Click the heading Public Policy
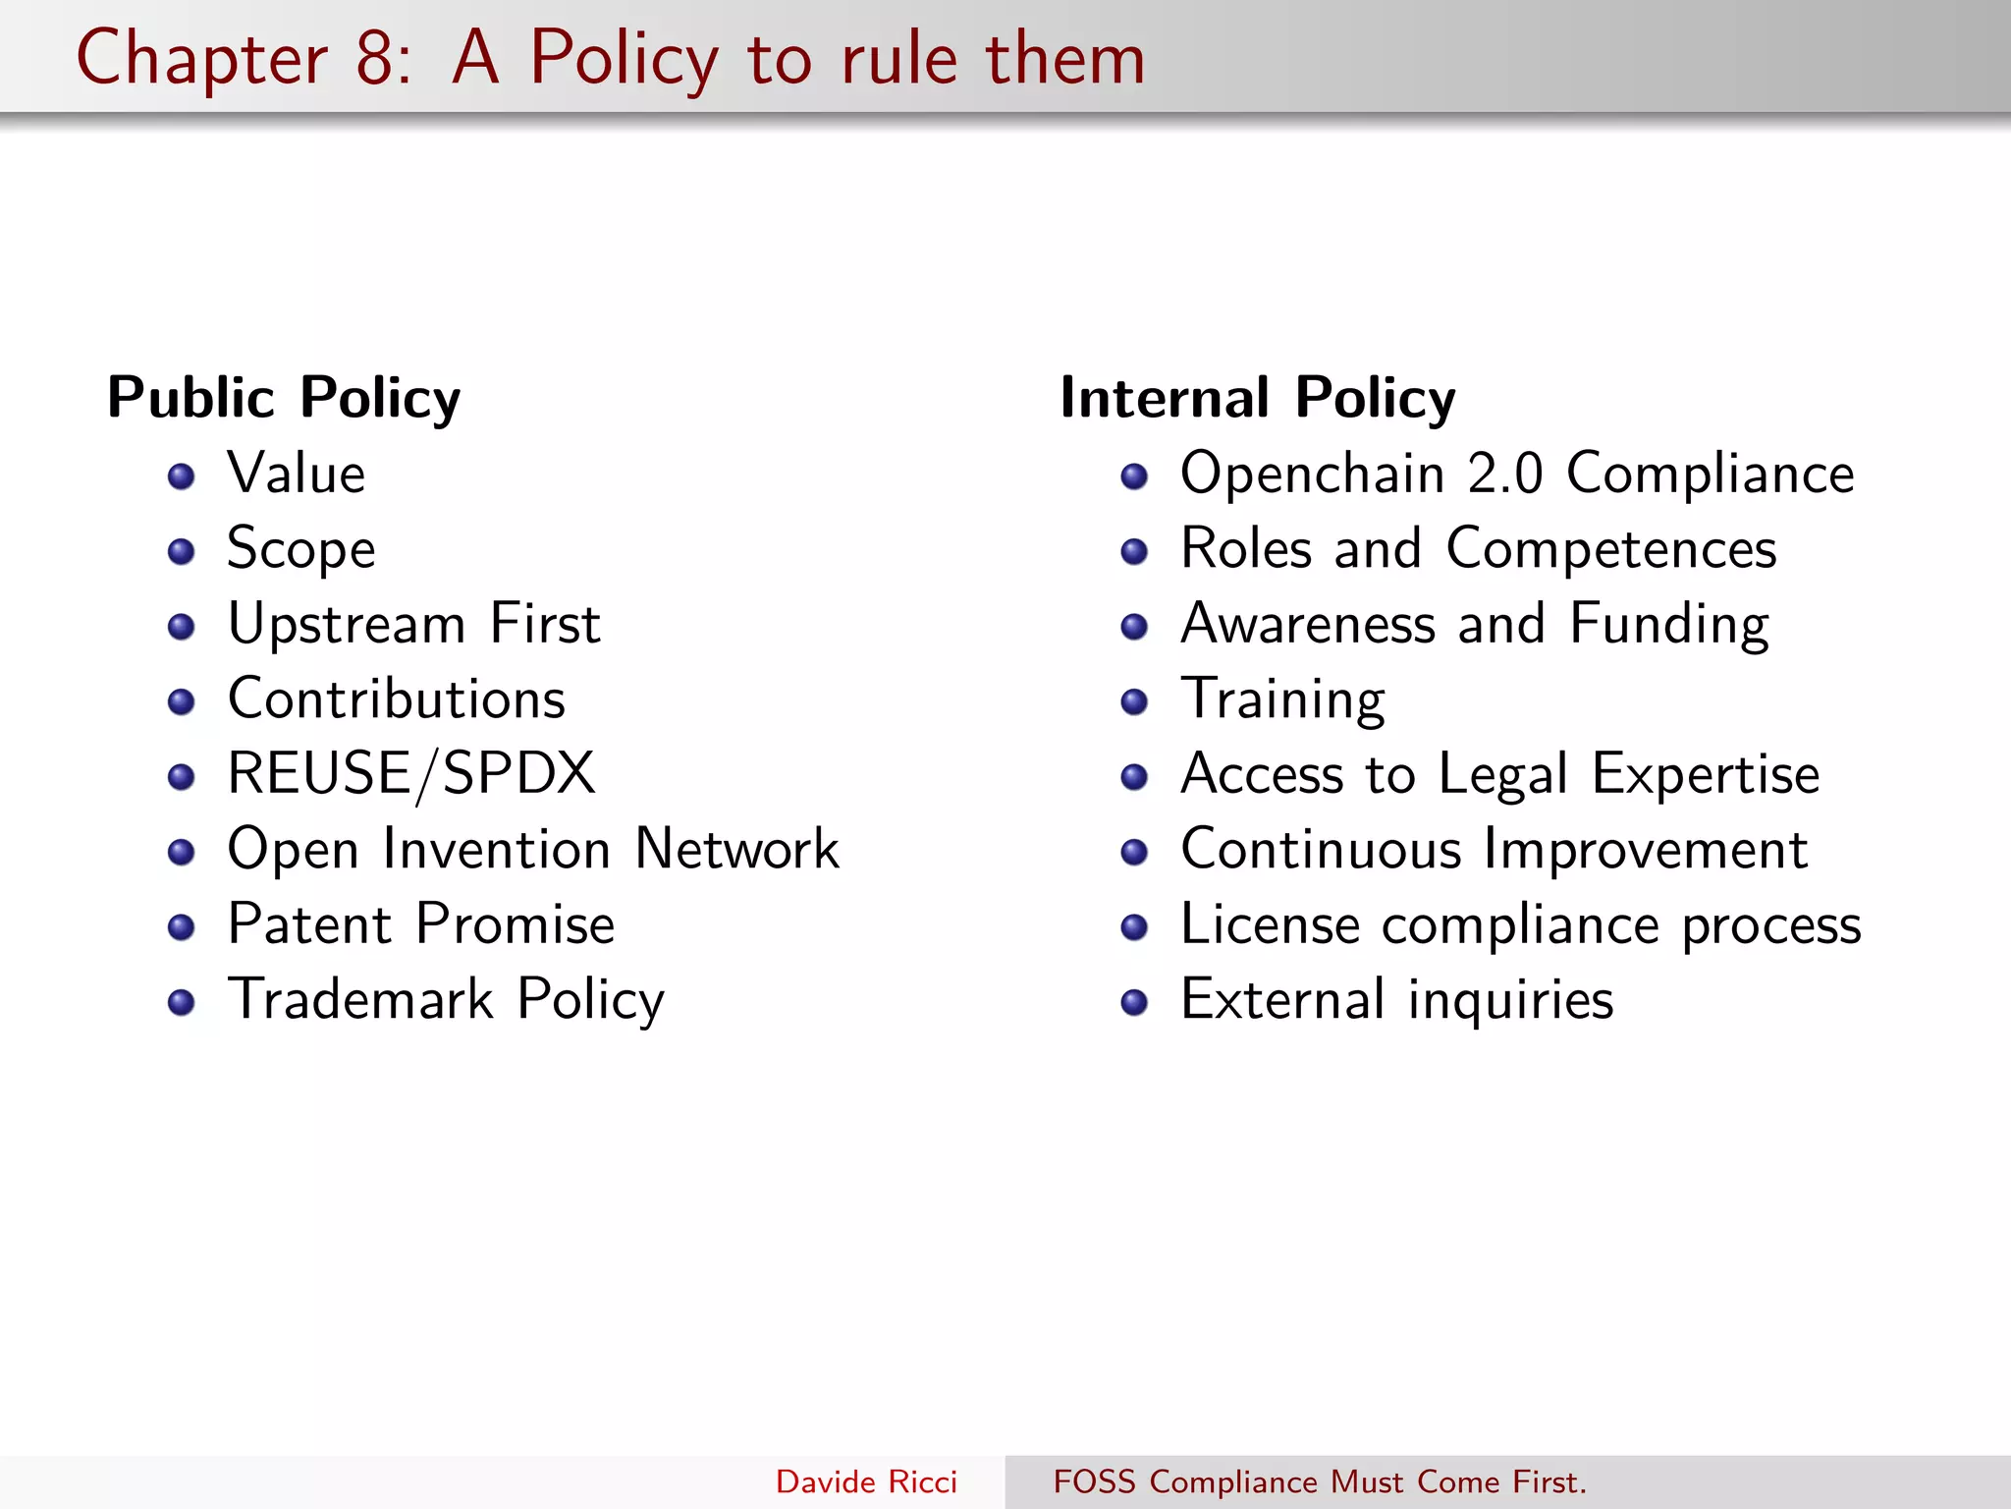[284, 398]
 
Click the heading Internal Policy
[1257, 398]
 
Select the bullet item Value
[297, 474]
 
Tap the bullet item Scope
[300, 549]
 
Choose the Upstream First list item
[413, 624]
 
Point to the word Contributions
[397, 699]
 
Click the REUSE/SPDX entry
[410, 774]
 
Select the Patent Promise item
[420, 924]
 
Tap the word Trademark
[360, 999]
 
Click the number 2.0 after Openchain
[1504, 474]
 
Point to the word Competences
[1610, 549]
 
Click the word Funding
[1669, 626]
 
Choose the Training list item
[1282, 700]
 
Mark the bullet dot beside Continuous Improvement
[1134, 852]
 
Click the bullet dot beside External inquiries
[1134, 1002]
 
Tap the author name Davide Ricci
[866, 1481]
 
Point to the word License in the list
[1270, 924]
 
